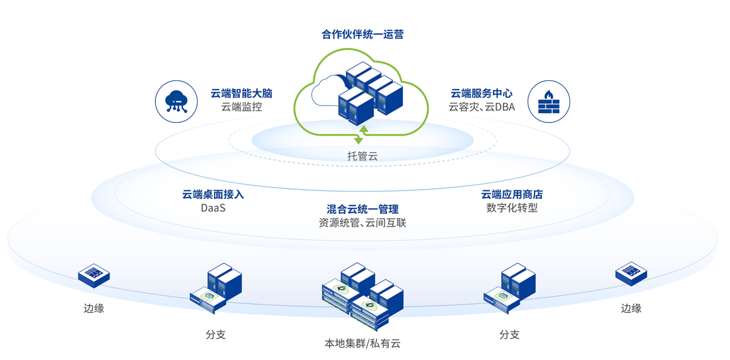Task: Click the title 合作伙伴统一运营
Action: (363, 35)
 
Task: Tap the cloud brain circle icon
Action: (176, 101)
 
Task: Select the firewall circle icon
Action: (548, 101)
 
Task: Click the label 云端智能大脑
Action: (242, 93)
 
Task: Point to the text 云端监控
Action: (242, 107)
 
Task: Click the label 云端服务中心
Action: (482, 93)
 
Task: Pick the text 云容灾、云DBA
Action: (482, 107)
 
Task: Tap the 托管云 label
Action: (362, 156)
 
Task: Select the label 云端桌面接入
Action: (213, 195)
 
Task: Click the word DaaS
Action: (213, 209)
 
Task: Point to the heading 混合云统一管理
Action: (363, 209)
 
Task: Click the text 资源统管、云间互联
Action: (363, 223)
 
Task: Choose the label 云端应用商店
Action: (512, 195)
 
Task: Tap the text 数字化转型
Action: (512, 209)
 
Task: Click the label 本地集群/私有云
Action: (363, 344)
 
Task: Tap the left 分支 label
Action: (215, 334)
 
